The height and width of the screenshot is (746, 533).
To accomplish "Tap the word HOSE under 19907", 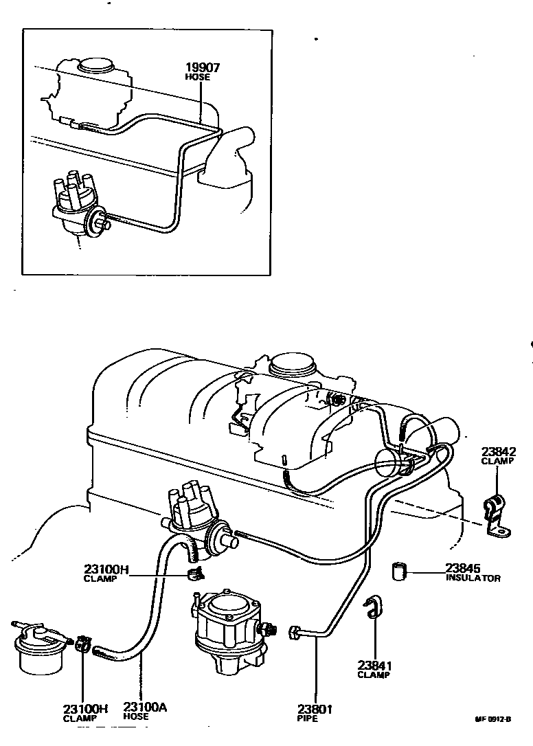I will (x=198, y=78).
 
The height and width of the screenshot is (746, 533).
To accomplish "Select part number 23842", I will (x=498, y=451).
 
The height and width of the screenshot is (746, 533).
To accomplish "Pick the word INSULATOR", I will (x=473, y=578).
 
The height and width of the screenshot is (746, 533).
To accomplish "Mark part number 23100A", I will (x=145, y=707).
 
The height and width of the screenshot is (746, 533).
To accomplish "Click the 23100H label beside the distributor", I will (x=106, y=569).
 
